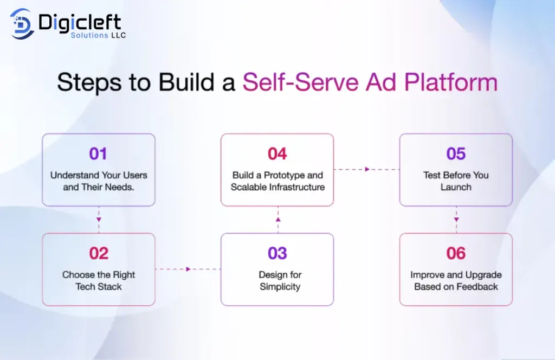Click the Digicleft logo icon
(22, 24)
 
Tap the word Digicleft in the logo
(80, 23)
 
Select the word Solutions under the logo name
(89, 35)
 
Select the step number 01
(98, 153)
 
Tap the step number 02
(99, 253)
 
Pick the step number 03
(277, 253)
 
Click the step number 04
(277, 153)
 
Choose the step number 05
(456, 153)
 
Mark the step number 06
(456, 253)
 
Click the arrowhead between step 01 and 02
(99, 220)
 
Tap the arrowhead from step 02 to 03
(188, 269)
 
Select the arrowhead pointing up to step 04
(278, 220)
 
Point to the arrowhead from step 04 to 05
(367, 169)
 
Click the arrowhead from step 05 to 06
(456, 220)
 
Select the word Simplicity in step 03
(280, 287)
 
